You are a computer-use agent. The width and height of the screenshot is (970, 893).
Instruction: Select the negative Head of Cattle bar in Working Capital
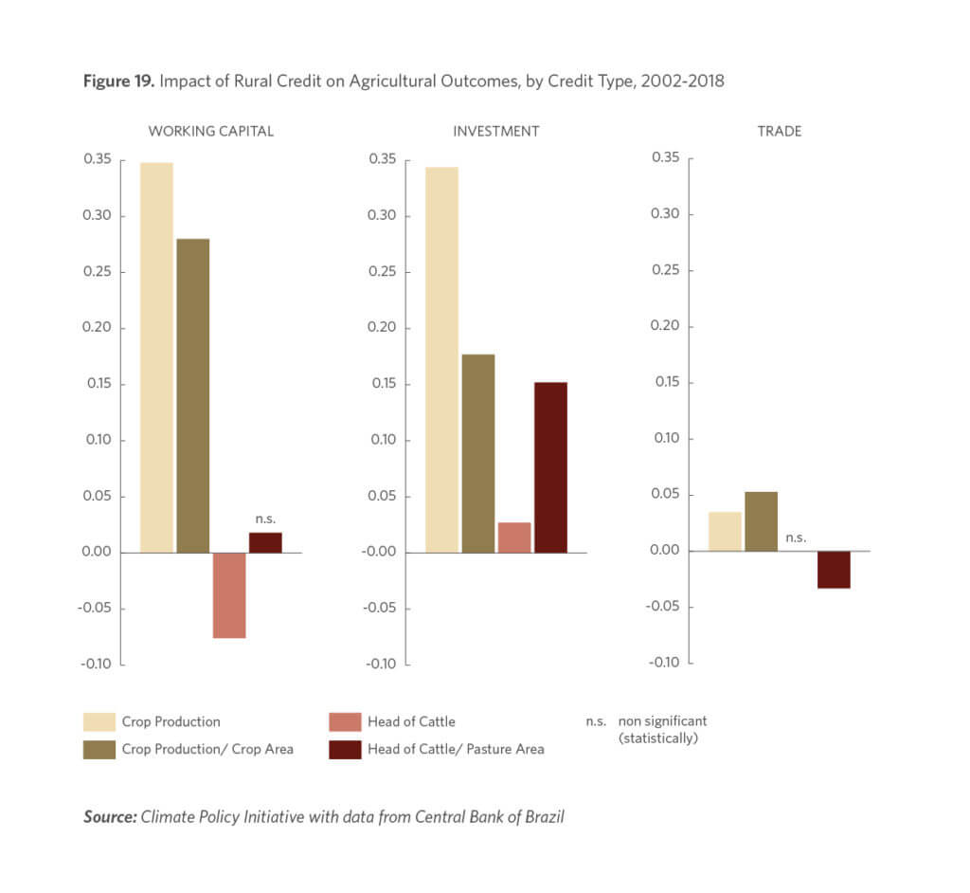click(x=229, y=594)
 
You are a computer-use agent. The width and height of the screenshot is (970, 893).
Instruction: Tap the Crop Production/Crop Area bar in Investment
click(x=477, y=453)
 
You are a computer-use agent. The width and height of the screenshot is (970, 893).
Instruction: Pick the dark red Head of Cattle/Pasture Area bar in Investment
click(x=550, y=467)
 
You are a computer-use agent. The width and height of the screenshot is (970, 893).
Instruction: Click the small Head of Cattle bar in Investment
click(x=514, y=538)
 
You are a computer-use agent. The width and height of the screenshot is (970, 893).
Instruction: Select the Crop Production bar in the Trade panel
click(x=725, y=532)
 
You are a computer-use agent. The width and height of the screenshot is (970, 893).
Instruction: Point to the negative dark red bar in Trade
click(x=834, y=570)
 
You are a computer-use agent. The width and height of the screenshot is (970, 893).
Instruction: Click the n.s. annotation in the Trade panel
click(x=796, y=538)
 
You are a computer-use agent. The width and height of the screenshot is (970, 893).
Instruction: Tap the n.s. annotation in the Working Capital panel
click(x=265, y=519)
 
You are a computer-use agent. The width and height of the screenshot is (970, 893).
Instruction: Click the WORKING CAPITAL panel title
click(x=210, y=131)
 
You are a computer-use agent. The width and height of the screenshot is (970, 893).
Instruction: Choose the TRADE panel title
click(x=779, y=131)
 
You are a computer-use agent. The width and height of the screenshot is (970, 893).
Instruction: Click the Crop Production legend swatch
click(x=98, y=722)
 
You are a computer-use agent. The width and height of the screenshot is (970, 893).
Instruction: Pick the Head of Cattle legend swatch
click(x=343, y=722)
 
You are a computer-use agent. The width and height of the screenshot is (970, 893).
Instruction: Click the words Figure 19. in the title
click(x=118, y=81)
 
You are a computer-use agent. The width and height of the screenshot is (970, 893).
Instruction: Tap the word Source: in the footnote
click(x=109, y=816)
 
